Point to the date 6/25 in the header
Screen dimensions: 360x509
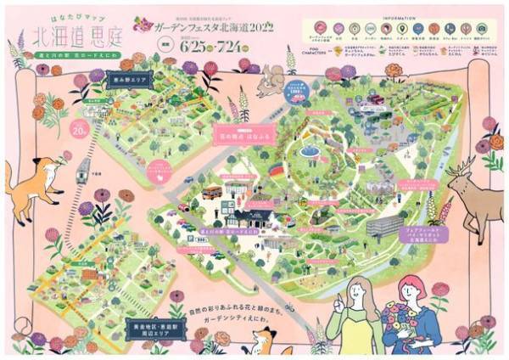[x=194, y=48]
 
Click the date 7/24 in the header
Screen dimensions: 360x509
[x=240, y=48]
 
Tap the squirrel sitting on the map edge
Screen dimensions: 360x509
[x=272, y=80]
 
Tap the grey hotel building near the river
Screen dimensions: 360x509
[x=383, y=224]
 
